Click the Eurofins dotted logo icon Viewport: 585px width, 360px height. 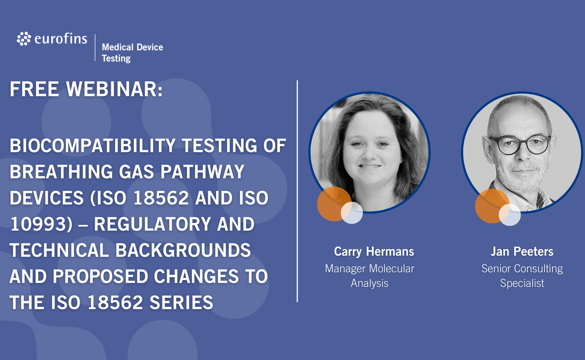[x=24, y=39]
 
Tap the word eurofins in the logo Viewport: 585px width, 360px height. [x=61, y=39]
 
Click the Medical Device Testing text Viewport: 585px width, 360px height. [x=132, y=53]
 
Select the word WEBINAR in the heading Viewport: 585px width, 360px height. [x=114, y=89]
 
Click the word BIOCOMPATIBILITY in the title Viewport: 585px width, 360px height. [x=93, y=146]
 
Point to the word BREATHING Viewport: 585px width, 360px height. [x=61, y=172]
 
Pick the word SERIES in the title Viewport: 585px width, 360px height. [x=181, y=303]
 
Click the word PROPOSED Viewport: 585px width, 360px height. [x=100, y=276]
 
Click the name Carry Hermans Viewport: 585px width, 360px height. [x=374, y=252]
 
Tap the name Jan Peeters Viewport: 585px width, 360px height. [x=522, y=251]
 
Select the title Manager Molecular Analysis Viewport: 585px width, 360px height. [x=370, y=276]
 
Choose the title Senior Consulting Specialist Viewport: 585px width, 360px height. [x=522, y=276]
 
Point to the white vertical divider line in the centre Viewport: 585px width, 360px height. [x=297, y=191]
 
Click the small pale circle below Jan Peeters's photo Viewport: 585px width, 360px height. [x=510, y=215]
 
